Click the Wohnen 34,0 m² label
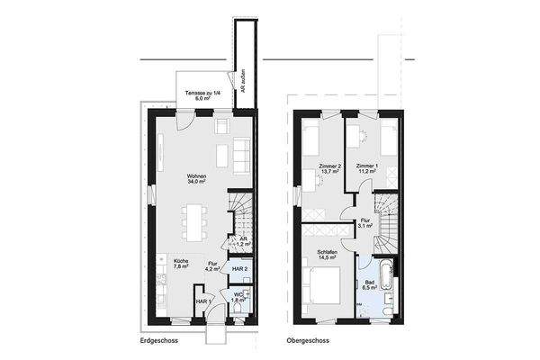click(x=195, y=179)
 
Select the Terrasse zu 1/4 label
click(x=200, y=96)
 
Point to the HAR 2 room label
click(x=240, y=268)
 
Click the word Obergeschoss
click(x=308, y=342)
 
